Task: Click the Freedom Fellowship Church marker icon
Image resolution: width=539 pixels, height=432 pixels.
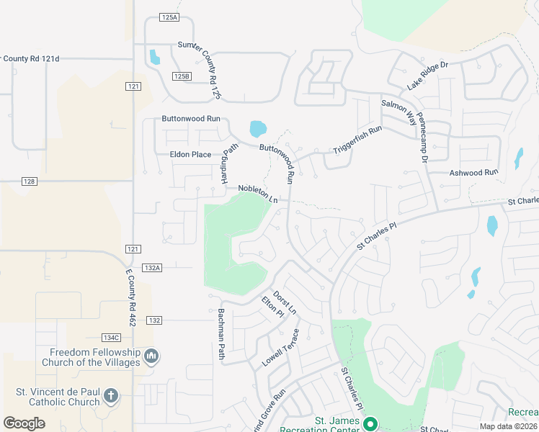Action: (151, 356)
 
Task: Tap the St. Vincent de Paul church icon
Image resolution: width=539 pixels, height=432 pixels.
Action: (110, 395)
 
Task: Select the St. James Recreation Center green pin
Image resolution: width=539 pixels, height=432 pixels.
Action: (370, 424)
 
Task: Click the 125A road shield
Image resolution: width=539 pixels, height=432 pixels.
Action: (169, 17)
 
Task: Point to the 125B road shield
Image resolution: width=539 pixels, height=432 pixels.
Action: (182, 76)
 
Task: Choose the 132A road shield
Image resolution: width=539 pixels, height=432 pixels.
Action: (152, 267)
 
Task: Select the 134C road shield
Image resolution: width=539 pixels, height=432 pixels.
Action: (111, 337)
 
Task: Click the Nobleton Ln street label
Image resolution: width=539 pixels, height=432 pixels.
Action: (258, 193)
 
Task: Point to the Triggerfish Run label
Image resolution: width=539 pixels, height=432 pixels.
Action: (357, 140)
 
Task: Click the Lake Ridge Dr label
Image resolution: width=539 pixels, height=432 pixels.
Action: (427, 76)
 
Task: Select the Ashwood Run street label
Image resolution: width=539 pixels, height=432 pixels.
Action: (473, 173)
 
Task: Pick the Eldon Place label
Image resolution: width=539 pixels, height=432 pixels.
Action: (190, 154)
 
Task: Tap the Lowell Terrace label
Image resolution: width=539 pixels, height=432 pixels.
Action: (280, 348)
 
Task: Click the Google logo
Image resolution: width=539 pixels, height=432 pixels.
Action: (24, 423)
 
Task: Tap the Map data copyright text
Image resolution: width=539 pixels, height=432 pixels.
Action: (509, 426)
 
